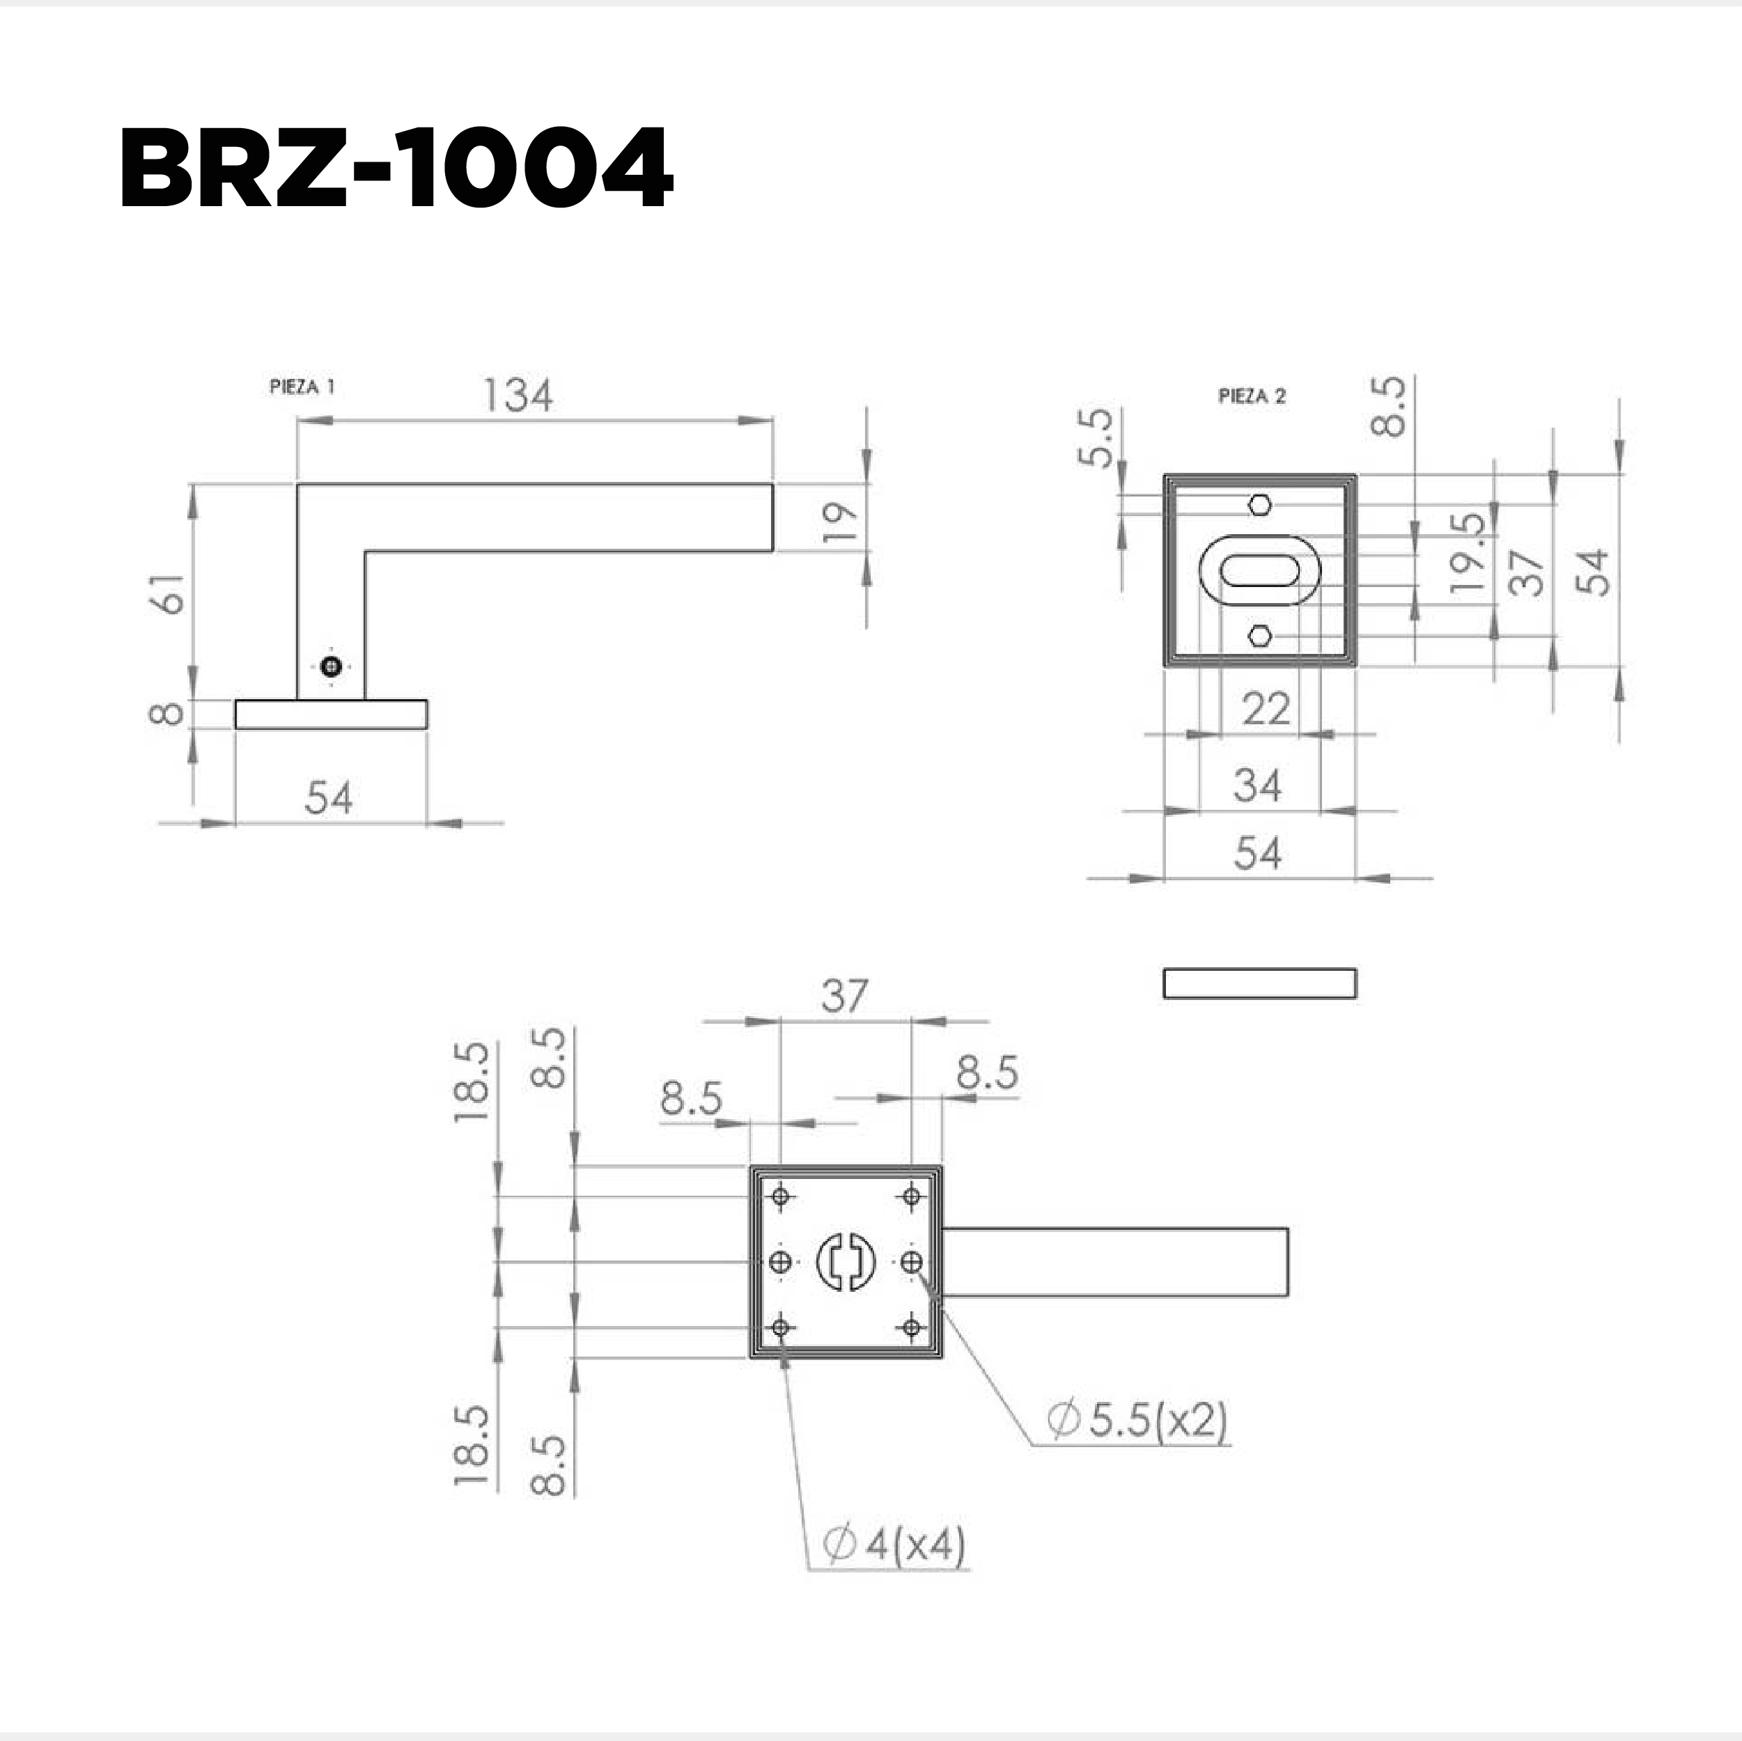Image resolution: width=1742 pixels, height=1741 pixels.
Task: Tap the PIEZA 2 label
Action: [x=1252, y=396]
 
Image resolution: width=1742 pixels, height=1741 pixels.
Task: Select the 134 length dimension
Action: [x=518, y=395]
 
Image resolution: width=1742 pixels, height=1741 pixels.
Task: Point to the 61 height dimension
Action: [x=172, y=593]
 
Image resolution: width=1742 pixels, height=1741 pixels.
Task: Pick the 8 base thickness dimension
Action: [x=166, y=713]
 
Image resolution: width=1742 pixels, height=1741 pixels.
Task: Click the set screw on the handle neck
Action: [x=332, y=666]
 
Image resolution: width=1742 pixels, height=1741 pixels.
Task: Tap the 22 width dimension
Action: [x=1266, y=709]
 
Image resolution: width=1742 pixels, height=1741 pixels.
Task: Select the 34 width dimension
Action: [x=1258, y=786]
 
